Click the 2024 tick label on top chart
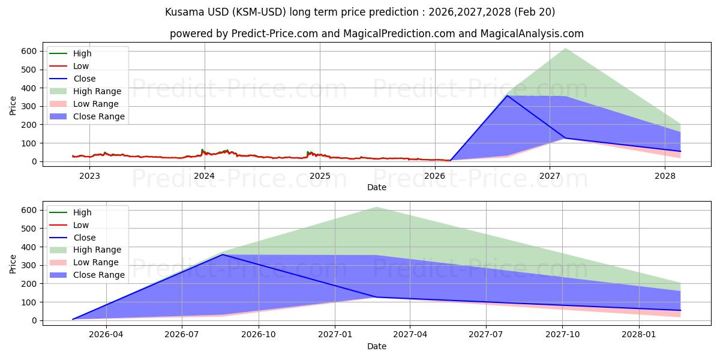tap(205, 176)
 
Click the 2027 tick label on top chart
tap(550, 176)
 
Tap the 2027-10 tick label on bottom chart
tap(563, 335)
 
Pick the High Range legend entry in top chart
tap(97, 91)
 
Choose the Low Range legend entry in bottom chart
tap(95, 262)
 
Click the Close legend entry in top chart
tap(84, 79)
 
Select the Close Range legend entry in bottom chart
tap(98, 275)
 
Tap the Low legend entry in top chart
tap(80, 66)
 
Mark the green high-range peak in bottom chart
tap(376, 208)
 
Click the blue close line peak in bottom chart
tap(223, 254)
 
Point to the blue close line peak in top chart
tap(508, 95)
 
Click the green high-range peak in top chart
tap(565, 49)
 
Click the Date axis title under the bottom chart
tap(377, 346)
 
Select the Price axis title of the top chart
tap(13, 106)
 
